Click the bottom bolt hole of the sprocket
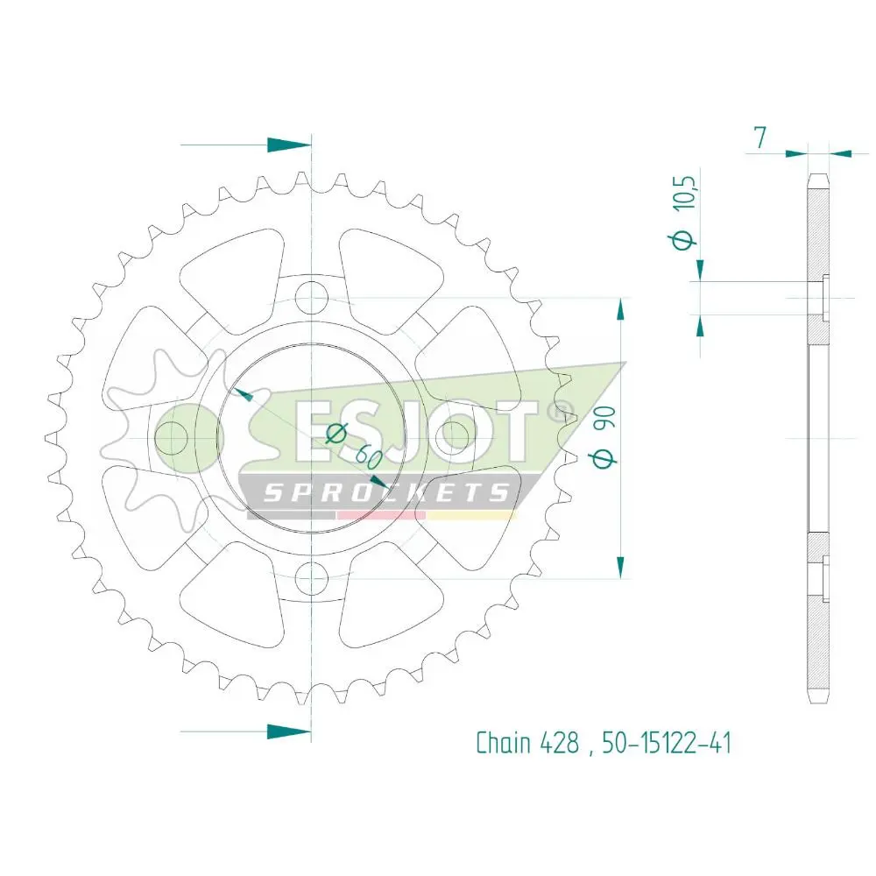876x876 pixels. tap(311, 578)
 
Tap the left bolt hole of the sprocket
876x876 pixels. tap(171, 438)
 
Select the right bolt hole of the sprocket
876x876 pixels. tap(451, 438)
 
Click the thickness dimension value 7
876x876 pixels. tap(759, 138)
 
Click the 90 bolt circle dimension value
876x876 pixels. tap(605, 417)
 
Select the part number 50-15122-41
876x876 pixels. tap(666, 743)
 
